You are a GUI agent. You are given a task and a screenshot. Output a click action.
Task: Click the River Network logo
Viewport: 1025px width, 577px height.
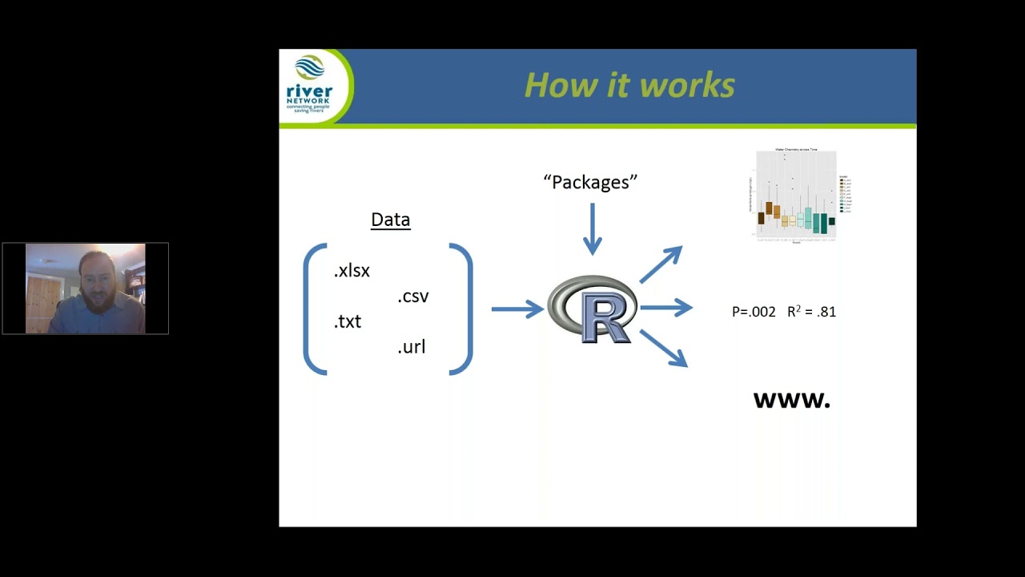(x=310, y=87)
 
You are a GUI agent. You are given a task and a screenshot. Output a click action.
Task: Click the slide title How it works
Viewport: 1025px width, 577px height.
(x=629, y=86)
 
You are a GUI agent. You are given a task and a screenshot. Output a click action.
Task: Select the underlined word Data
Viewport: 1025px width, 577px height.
(x=390, y=220)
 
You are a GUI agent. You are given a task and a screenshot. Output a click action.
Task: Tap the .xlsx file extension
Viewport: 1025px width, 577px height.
(x=352, y=271)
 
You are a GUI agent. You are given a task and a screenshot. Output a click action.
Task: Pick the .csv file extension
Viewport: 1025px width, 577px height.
(x=413, y=297)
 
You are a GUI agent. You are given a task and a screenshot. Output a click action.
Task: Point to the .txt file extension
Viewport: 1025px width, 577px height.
(x=348, y=321)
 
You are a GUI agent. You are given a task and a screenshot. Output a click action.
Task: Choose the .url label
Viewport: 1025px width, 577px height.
(x=412, y=347)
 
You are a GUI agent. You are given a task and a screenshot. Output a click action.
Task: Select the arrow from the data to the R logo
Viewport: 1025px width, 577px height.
(x=517, y=309)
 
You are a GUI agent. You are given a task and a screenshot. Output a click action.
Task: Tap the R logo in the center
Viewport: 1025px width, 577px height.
(x=593, y=309)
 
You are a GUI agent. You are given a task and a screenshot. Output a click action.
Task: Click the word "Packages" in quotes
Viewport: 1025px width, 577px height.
(x=590, y=183)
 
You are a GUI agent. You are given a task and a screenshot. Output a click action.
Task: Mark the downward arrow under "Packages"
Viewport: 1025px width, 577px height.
(x=593, y=229)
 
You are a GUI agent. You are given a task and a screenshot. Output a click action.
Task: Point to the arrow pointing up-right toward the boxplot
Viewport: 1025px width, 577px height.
(x=661, y=264)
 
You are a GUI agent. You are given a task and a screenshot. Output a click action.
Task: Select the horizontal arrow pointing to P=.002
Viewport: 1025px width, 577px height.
(x=665, y=308)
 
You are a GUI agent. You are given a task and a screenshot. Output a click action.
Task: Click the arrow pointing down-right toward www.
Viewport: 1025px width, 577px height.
(x=663, y=349)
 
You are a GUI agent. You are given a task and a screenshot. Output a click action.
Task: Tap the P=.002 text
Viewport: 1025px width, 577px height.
(x=754, y=312)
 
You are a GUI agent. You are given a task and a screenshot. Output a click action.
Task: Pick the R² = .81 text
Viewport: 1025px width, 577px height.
(x=811, y=312)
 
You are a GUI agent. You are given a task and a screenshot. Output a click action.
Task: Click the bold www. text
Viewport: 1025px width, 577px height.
(x=791, y=401)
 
